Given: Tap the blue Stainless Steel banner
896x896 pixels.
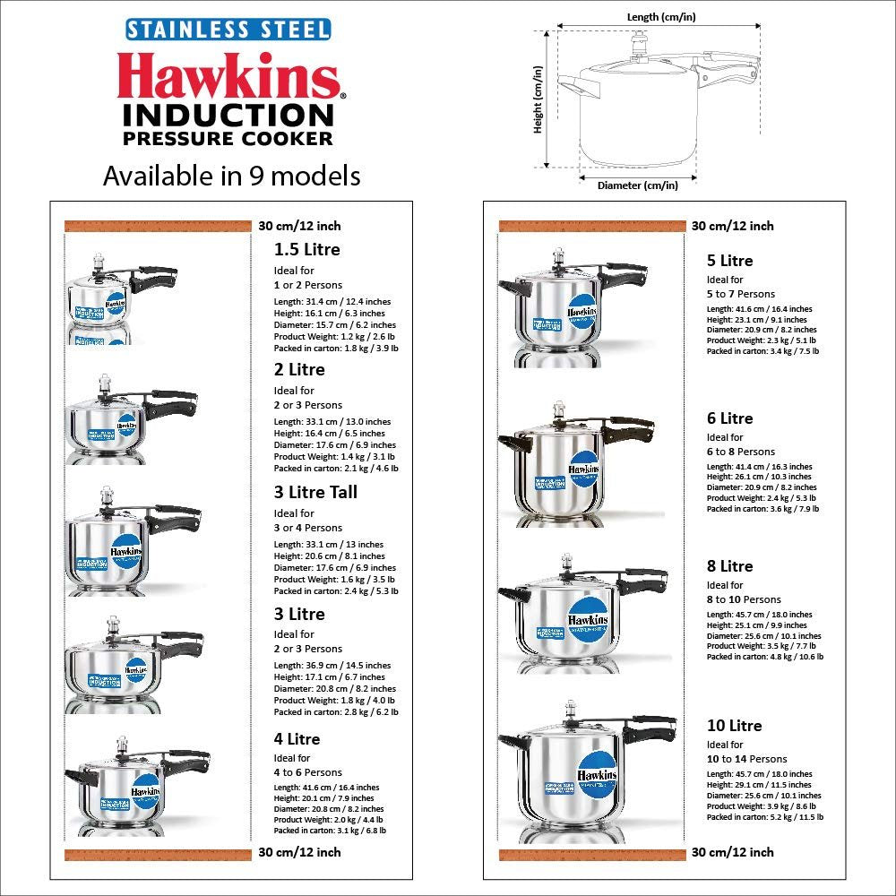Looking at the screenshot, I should click(x=228, y=29).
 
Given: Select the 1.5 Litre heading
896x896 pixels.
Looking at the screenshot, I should click(x=306, y=250).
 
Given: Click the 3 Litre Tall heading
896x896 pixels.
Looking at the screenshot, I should click(x=315, y=492).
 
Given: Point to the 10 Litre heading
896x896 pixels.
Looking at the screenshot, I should click(x=734, y=726).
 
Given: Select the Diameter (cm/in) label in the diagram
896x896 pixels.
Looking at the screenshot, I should click(x=637, y=185).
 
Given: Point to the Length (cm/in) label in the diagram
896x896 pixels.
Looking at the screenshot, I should click(x=659, y=16).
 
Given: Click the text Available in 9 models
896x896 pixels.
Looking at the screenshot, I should click(x=231, y=176).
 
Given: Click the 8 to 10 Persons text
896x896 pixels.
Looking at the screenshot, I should click(x=744, y=599).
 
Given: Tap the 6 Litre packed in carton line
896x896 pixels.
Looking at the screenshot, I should click(x=762, y=509).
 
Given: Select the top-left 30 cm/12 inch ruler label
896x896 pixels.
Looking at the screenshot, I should click(x=299, y=226).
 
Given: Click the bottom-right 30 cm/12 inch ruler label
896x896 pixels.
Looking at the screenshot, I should click(x=732, y=852).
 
